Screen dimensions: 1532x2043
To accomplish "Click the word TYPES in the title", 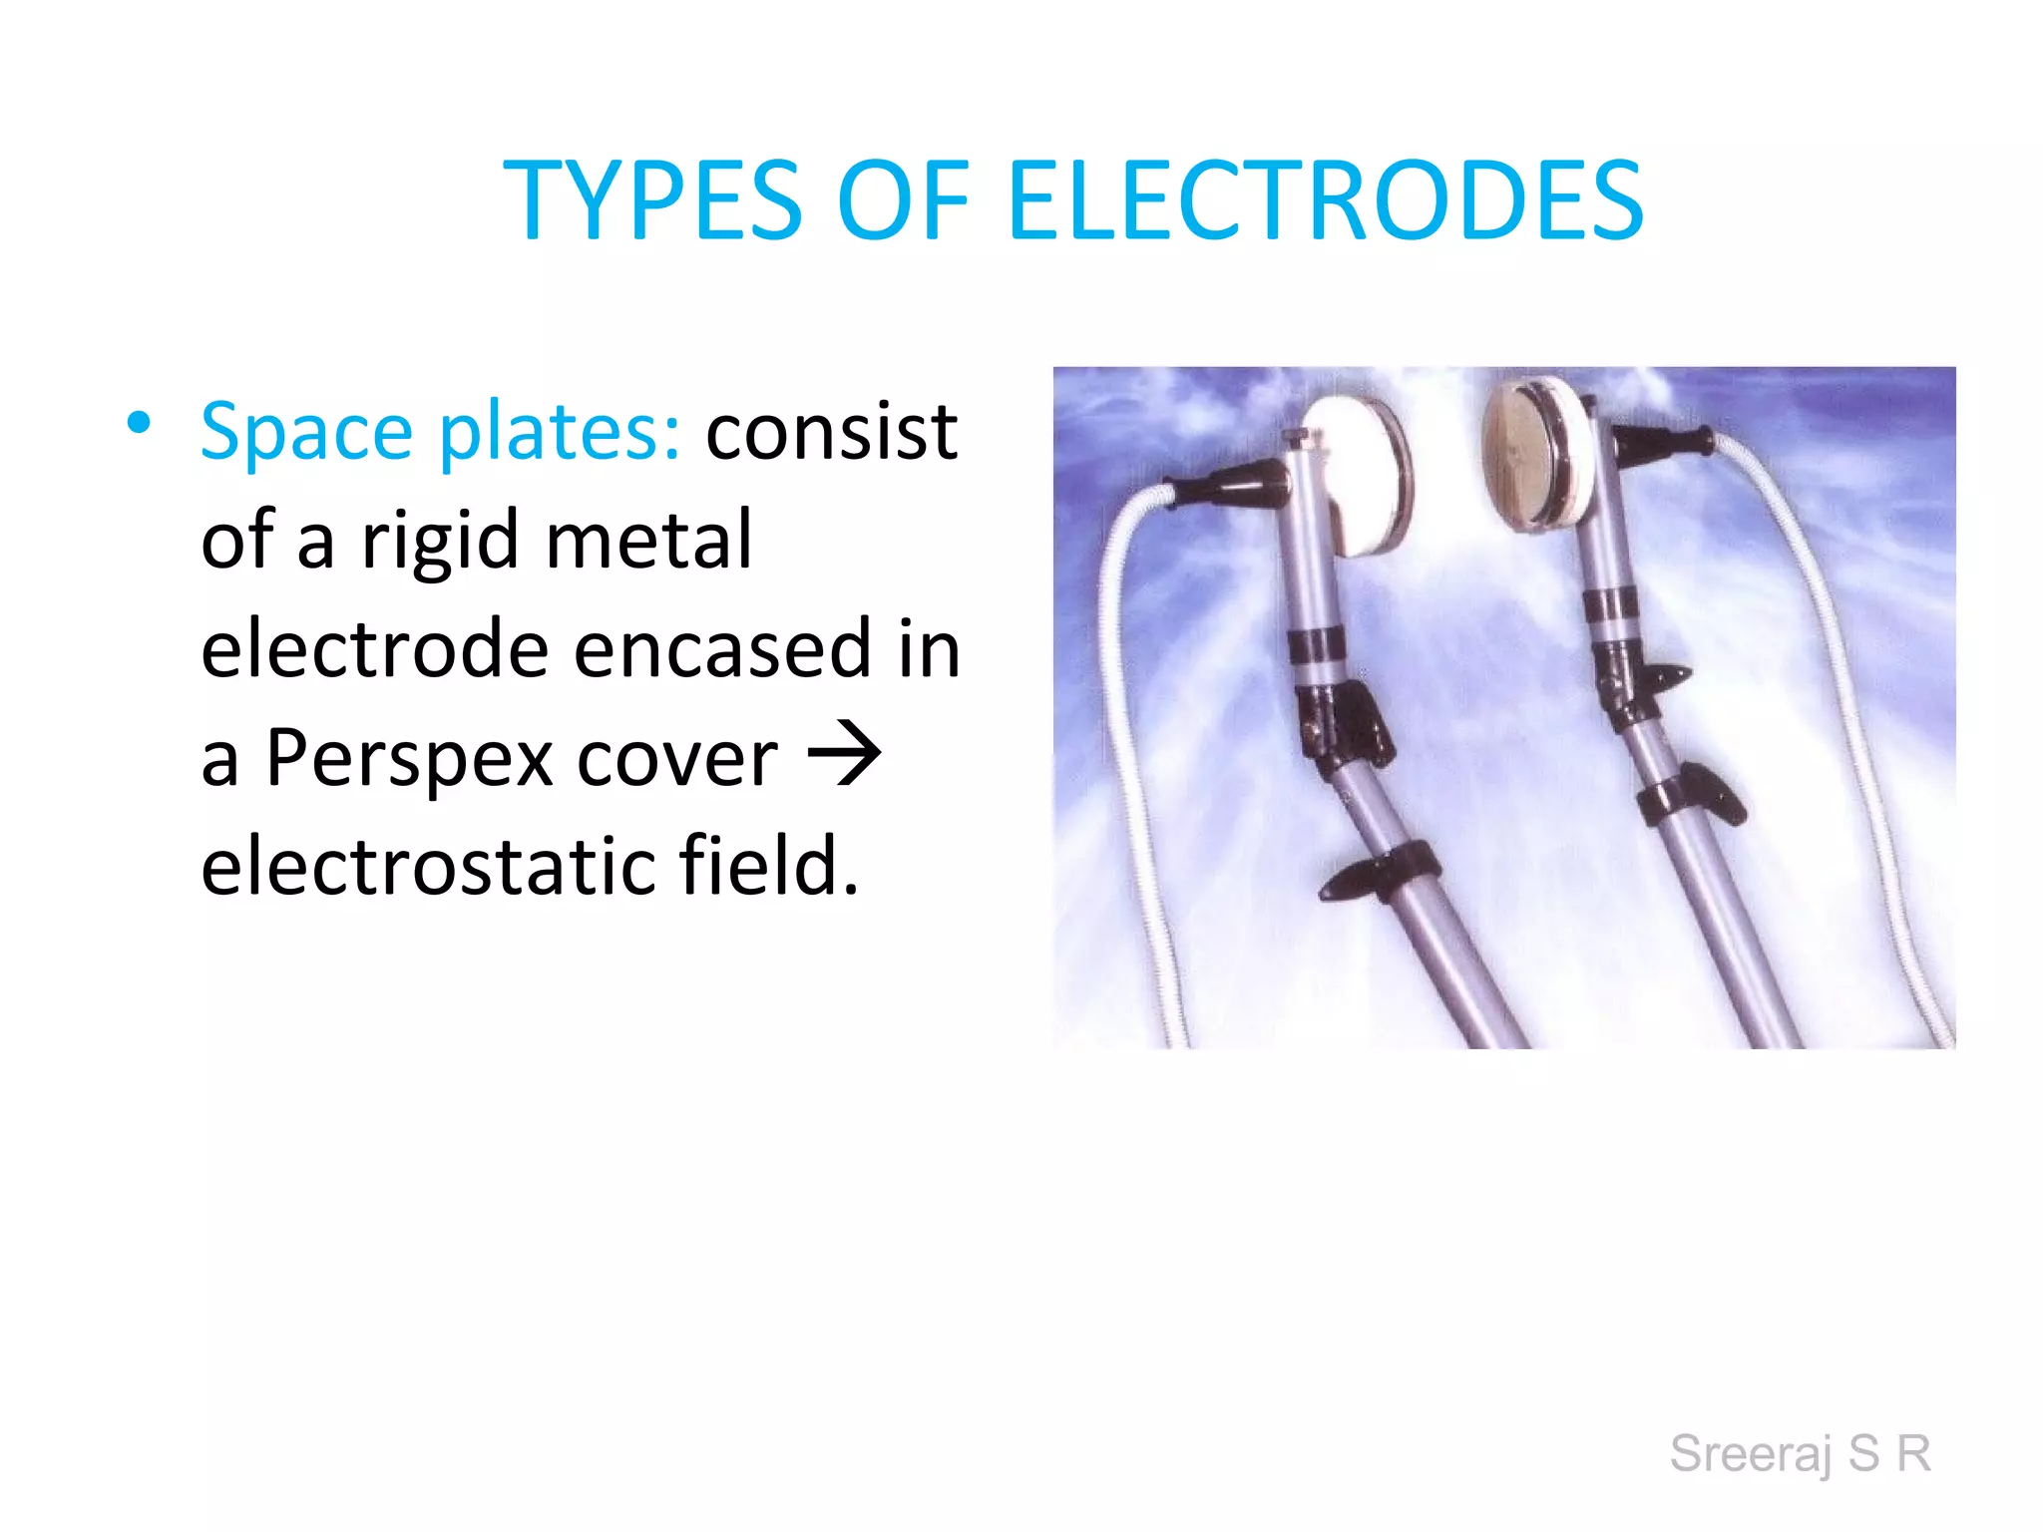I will click(652, 201).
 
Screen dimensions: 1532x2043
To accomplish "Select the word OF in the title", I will click(904, 201).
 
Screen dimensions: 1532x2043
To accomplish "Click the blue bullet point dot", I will click(139, 423).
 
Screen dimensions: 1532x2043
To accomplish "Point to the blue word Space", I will click(306, 433).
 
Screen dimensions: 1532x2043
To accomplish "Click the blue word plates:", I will click(560, 433).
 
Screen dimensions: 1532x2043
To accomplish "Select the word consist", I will click(831, 431).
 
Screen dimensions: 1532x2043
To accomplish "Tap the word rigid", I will click(441, 542).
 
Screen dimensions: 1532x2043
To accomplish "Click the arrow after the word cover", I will click(844, 754).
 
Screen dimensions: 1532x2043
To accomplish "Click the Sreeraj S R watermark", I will click(1800, 1453).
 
